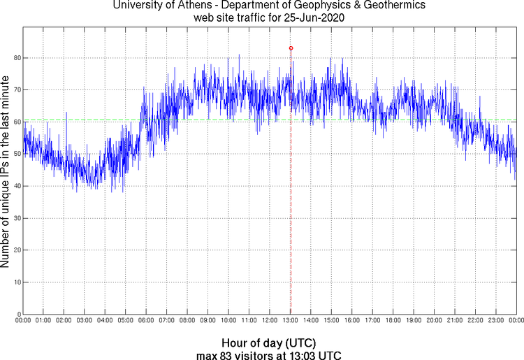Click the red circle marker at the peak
pos(291,48)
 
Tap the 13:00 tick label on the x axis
pos(291,320)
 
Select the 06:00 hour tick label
pos(146,320)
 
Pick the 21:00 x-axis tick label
pos(455,320)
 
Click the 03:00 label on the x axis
pos(85,320)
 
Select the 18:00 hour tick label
pos(393,320)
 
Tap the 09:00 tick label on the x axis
pos(208,320)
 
